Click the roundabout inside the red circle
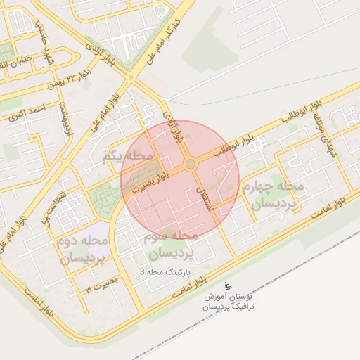[190, 165]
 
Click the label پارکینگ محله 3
[170, 270]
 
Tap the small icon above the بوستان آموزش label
[228, 285]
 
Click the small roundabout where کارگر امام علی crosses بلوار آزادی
[130, 77]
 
